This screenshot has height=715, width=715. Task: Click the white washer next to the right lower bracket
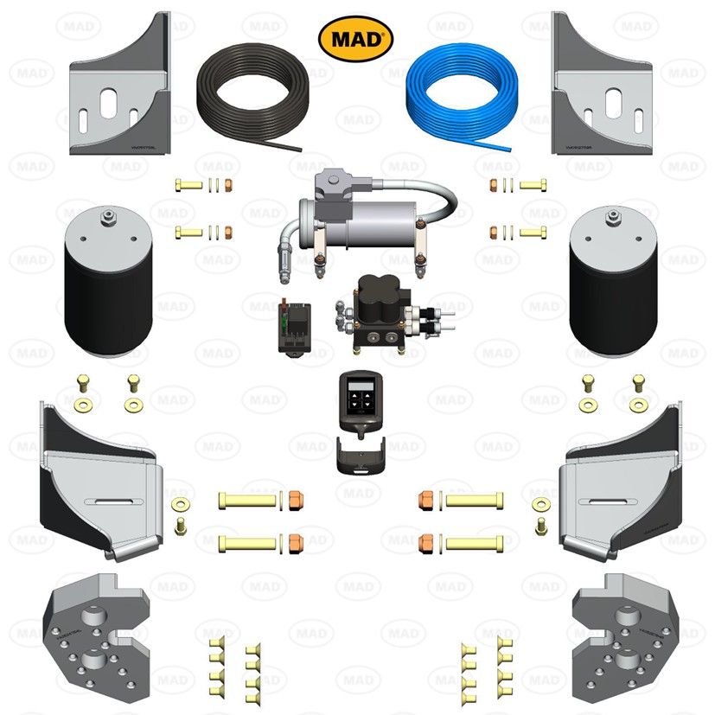pyautogui.click(x=541, y=503)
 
